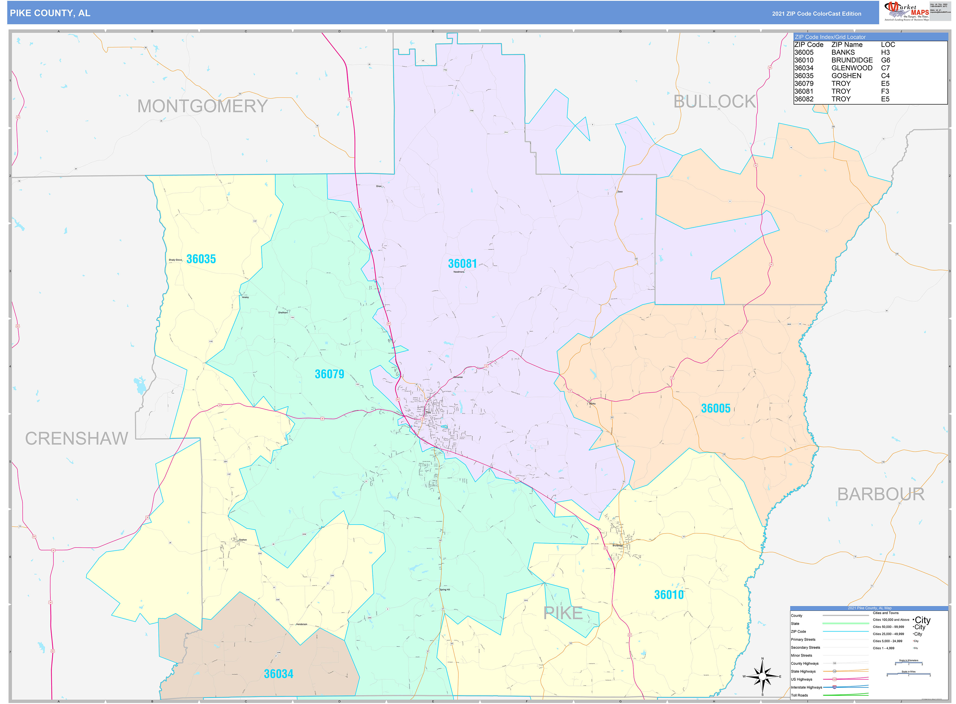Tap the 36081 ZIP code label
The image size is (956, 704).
462,264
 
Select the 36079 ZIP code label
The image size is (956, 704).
329,374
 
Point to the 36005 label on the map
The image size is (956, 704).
715,408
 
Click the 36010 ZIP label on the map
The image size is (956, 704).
669,595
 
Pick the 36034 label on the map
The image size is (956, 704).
278,674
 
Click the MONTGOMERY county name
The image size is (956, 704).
203,106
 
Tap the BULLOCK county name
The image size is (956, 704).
714,102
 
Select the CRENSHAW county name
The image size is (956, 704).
77,438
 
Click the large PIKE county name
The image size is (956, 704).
563,613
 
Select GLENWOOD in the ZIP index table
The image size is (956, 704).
851,68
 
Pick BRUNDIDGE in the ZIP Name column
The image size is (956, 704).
851,60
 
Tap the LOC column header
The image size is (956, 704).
888,45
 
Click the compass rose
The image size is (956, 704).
762,676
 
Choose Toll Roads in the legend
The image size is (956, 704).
799,695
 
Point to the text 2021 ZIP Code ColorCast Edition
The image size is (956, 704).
816,14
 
